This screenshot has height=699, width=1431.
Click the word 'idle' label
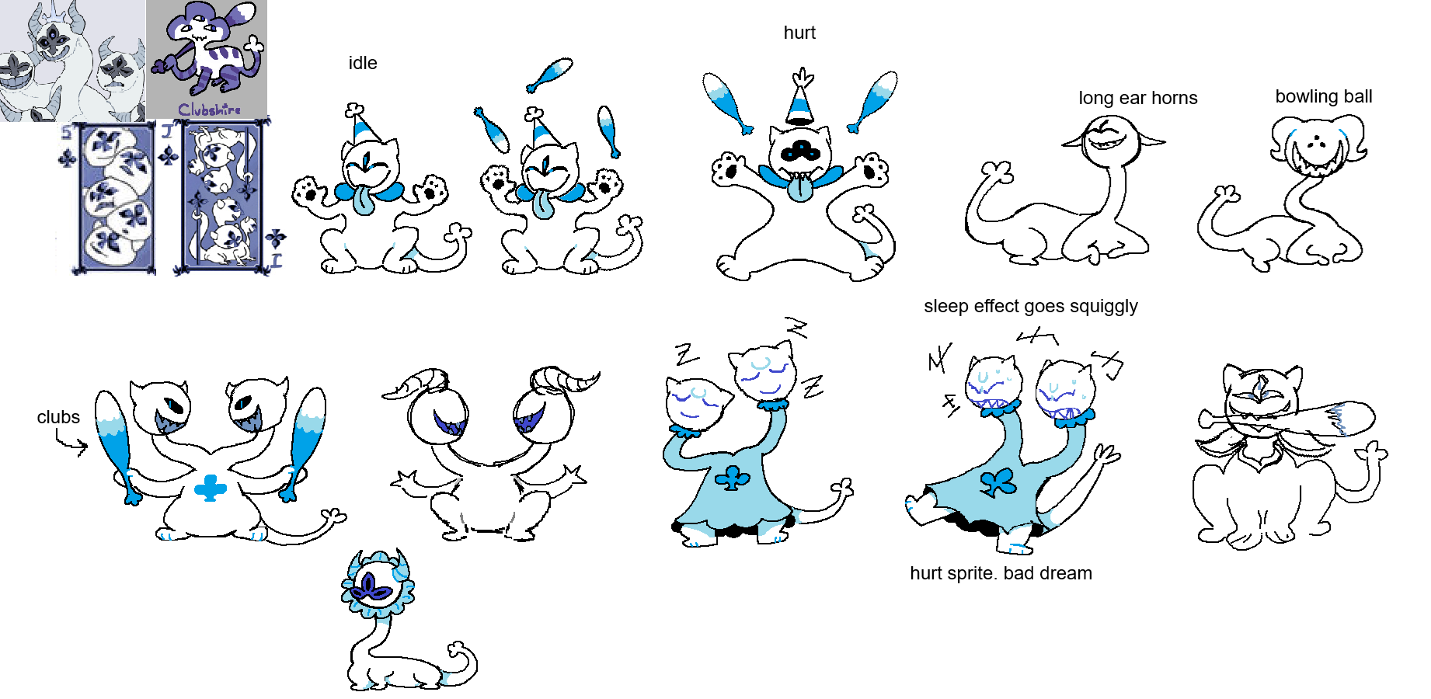pos(363,63)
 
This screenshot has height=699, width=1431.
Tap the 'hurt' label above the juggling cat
pos(799,33)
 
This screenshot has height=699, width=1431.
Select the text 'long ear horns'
pos(1138,98)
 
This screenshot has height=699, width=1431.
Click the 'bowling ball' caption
pos(1324,96)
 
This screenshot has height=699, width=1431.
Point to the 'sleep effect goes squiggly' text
pos(1031,306)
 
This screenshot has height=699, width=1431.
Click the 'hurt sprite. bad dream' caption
pos(1001,573)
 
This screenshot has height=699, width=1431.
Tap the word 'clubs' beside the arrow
pos(58,417)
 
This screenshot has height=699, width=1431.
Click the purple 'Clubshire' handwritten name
pos(210,110)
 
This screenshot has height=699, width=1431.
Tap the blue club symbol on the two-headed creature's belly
pos(210,488)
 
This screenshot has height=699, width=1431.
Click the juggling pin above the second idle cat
pos(549,75)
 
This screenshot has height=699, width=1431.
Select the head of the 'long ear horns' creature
pos(1111,141)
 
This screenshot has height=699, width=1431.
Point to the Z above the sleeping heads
pos(796,328)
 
